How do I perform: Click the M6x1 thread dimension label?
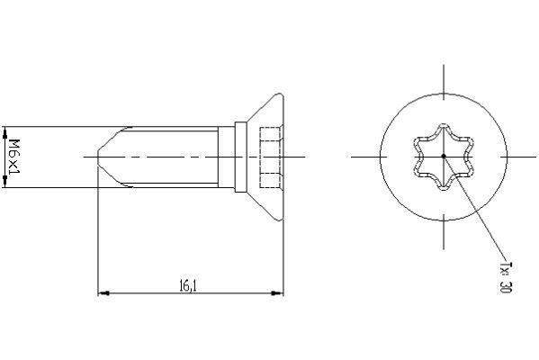(14, 157)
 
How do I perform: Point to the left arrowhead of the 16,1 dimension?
(102, 293)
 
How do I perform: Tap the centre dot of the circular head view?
(444, 157)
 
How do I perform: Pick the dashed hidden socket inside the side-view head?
(269, 157)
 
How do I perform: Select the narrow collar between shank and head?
(240, 157)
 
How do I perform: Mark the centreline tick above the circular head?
(444, 77)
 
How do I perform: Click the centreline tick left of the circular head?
(364, 157)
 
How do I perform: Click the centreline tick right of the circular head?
(523, 157)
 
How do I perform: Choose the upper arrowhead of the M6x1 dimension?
(6, 129)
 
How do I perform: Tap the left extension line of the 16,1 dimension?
(97, 234)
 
